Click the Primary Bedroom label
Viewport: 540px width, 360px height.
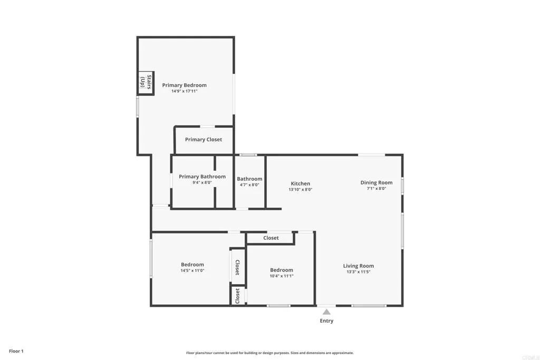[184, 85]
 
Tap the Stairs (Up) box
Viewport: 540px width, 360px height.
[146, 83]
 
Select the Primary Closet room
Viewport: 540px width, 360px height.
[203, 140]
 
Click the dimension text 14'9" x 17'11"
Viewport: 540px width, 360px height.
[184, 91]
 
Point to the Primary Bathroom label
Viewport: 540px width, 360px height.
[202, 177]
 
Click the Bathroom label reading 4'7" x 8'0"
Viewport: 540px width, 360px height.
[249, 184]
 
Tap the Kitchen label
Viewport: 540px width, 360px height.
[301, 183]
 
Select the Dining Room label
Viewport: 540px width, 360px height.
[377, 182]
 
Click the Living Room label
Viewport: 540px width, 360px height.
[359, 266]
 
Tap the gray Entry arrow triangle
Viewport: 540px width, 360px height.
[326, 312]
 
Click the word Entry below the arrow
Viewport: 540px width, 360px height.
[326, 320]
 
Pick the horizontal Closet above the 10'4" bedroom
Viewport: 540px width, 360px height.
[271, 238]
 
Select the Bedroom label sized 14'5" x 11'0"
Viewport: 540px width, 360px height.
[192, 265]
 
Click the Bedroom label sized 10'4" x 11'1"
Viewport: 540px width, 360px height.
[282, 270]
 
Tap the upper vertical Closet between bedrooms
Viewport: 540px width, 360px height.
[237, 267]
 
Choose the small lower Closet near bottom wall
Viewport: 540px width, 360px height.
[237, 296]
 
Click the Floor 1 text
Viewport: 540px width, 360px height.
[16, 351]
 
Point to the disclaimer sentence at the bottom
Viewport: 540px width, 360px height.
[269, 353]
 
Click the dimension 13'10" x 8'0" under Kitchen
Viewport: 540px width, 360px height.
[301, 189]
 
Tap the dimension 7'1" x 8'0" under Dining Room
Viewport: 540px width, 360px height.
[377, 188]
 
